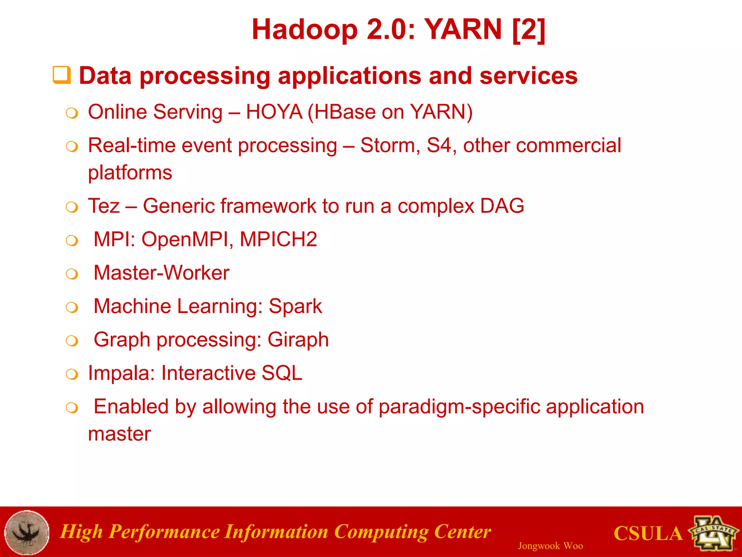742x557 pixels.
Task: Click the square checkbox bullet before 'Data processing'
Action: pos(62,75)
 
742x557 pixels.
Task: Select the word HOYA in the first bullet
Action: pos(274,112)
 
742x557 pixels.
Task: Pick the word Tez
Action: pos(104,206)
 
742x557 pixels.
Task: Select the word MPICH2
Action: pos(278,239)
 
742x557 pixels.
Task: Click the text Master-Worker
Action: pos(161,273)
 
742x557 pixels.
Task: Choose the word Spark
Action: pos(295,306)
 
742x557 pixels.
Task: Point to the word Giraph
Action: pos(298,340)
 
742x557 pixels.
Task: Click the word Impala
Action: pos(121,373)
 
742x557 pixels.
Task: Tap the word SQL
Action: pos(282,373)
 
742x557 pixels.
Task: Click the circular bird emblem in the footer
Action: pos(27,532)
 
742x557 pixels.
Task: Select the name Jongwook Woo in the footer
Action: pos(550,546)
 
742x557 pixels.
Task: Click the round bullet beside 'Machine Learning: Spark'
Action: pos(72,308)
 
